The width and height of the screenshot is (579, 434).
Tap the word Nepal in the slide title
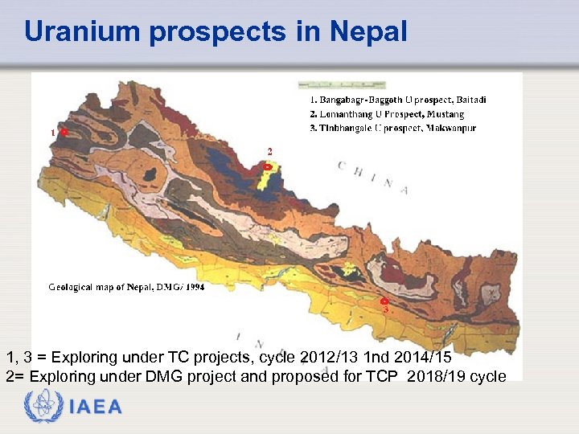[368, 32]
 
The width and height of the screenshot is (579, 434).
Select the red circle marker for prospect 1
[64, 132]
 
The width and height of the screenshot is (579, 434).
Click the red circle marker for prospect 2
[269, 166]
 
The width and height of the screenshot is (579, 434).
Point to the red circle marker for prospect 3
[385, 301]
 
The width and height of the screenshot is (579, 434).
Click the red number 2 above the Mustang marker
[269, 151]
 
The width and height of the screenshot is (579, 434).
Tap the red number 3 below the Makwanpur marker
[386, 309]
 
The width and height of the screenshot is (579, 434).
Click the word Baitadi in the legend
[471, 100]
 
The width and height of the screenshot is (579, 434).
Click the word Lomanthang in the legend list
[349, 114]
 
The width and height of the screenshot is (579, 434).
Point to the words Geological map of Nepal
[100, 286]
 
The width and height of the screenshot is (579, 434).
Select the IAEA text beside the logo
[95, 407]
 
